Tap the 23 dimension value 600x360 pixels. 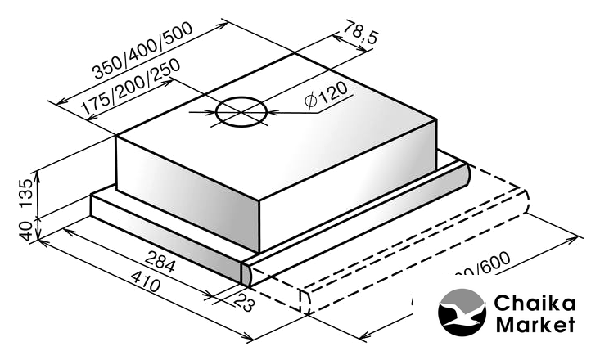(242, 304)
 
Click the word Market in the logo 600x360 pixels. (535, 325)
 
